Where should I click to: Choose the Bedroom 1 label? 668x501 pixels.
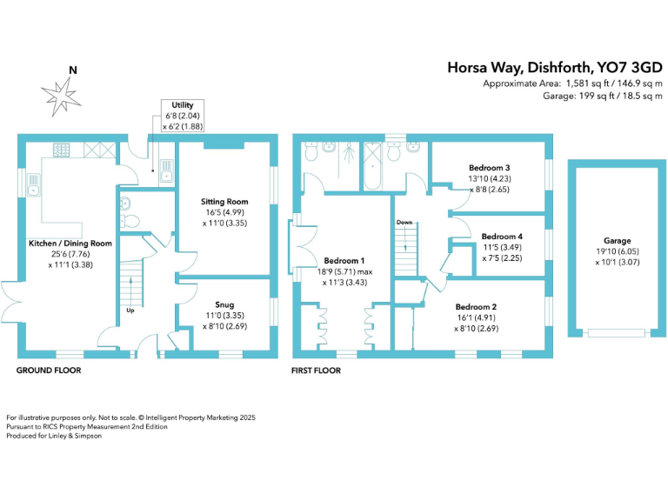click(344, 260)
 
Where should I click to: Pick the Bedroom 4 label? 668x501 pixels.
click(502, 237)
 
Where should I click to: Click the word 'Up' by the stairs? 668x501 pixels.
click(129, 310)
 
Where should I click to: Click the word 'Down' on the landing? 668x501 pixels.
click(404, 223)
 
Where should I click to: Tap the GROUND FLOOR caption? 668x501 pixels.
click(49, 371)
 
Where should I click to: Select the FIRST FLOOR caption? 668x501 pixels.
click(317, 371)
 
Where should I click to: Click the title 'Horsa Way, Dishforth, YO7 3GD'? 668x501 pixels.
click(555, 67)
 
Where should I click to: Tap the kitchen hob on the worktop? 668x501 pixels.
click(63, 150)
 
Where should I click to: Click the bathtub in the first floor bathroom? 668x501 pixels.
click(371, 164)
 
